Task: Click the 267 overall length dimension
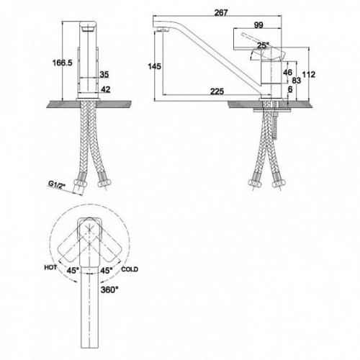[x=221, y=12]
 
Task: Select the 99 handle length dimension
[x=258, y=25]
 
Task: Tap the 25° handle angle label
[x=263, y=45]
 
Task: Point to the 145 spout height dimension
[x=155, y=66]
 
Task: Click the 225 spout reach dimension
[x=217, y=91]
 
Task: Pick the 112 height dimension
[x=309, y=75]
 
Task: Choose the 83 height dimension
[x=296, y=81]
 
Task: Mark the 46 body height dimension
[x=287, y=72]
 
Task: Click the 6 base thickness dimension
[x=290, y=89]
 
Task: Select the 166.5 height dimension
[x=62, y=63]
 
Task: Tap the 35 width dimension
[x=104, y=74]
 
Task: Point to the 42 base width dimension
[x=106, y=89]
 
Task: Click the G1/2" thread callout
[x=57, y=184]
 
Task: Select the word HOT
[x=50, y=267]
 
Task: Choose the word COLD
[x=130, y=269]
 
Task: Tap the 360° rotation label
[x=109, y=290]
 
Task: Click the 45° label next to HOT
[x=73, y=271]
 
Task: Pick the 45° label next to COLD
[x=107, y=271]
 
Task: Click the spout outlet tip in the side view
[x=162, y=30]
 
